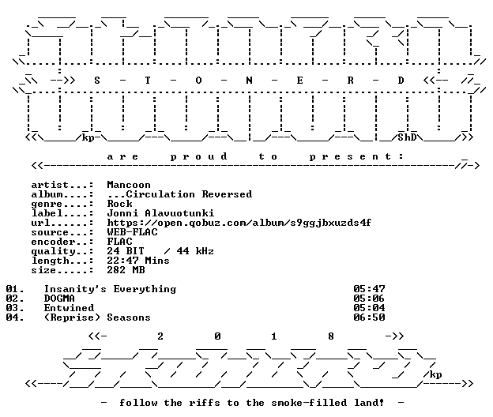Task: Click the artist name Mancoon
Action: click(129, 185)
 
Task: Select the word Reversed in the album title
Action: click(227, 194)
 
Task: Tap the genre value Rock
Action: click(119, 204)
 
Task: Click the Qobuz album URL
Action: click(239, 223)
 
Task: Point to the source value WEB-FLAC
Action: click(132, 232)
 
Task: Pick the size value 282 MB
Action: click(126, 270)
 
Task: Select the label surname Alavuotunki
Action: click(179, 213)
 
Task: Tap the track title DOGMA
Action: click(59, 299)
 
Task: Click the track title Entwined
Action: click(69, 308)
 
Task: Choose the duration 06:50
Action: click(369, 317)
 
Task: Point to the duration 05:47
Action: click(369, 289)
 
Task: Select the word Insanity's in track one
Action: click(75, 289)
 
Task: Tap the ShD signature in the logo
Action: click(407, 137)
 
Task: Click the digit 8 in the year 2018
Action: click(331, 336)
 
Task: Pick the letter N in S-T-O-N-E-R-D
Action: click(249, 81)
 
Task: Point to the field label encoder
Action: click(53, 242)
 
